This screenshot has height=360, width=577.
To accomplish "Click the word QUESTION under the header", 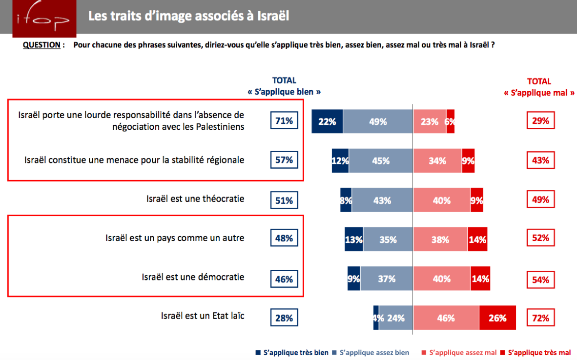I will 41,45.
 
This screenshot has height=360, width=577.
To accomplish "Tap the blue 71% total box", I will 284,120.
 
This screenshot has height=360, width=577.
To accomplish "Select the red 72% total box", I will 540,319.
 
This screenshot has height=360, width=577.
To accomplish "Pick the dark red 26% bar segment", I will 497,318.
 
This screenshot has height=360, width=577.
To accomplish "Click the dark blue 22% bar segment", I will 327,121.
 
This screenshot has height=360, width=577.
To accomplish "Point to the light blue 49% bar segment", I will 378,121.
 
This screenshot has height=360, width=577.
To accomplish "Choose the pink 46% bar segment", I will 446,318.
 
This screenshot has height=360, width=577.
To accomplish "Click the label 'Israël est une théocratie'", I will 195,199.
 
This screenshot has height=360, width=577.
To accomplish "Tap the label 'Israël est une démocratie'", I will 193,277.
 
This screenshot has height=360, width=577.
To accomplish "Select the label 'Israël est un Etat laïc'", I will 203,316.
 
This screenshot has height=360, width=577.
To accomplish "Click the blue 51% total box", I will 284,200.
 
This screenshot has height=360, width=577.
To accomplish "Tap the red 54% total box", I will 540,280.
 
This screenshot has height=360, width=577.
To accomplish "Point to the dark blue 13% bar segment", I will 353,240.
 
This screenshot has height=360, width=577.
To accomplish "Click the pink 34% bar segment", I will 437,160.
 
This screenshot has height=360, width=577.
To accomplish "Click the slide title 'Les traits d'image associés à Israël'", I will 188,16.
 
